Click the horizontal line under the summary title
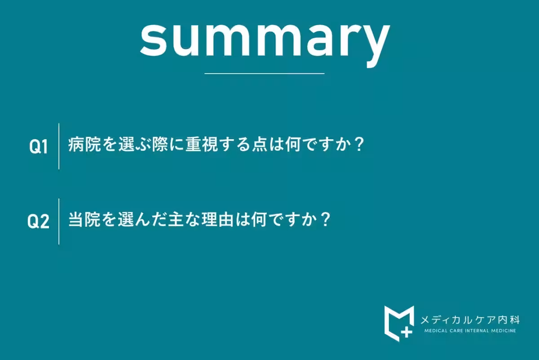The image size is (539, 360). [x=264, y=73]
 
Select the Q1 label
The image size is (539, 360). [x=39, y=147]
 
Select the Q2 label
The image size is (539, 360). [x=39, y=222]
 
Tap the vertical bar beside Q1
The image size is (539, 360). [x=59, y=146]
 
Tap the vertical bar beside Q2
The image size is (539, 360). [x=59, y=221]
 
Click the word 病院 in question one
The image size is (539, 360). [x=85, y=145]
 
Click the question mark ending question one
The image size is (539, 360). [x=358, y=145]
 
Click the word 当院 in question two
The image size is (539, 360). [x=85, y=220]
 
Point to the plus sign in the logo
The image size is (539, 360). [x=406, y=332]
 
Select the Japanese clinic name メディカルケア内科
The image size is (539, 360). [x=470, y=320]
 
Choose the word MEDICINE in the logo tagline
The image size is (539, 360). [x=503, y=331]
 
